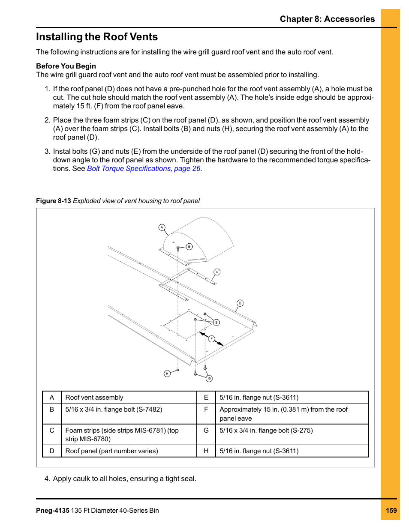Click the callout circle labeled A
click(x=162, y=227)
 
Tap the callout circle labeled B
click(x=189, y=247)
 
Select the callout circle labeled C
click(x=217, y=272)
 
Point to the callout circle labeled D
click(x=240, y=303)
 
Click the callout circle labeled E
click(x=217, y=323)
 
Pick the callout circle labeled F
click(x=211, y=339)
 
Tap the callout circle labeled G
click(x=209, y=379)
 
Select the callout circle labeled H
click(x=167, y=374)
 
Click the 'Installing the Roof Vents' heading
click(x=97, y=37)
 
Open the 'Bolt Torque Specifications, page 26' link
click(x=144, y=168)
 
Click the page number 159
click(x=391, y=510)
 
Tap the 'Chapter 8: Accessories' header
click(x=327, y=19)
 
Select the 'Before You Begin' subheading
click(x=66, y=66)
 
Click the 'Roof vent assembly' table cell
click(x=94, y=397)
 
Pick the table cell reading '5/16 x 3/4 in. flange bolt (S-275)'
click(x=266, y=430)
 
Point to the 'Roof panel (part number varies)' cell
click(x=111, y=451)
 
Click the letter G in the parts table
click(x=206, y=430)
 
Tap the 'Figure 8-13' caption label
click(x=54, y=201)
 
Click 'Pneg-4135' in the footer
click(x=53, y=511)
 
